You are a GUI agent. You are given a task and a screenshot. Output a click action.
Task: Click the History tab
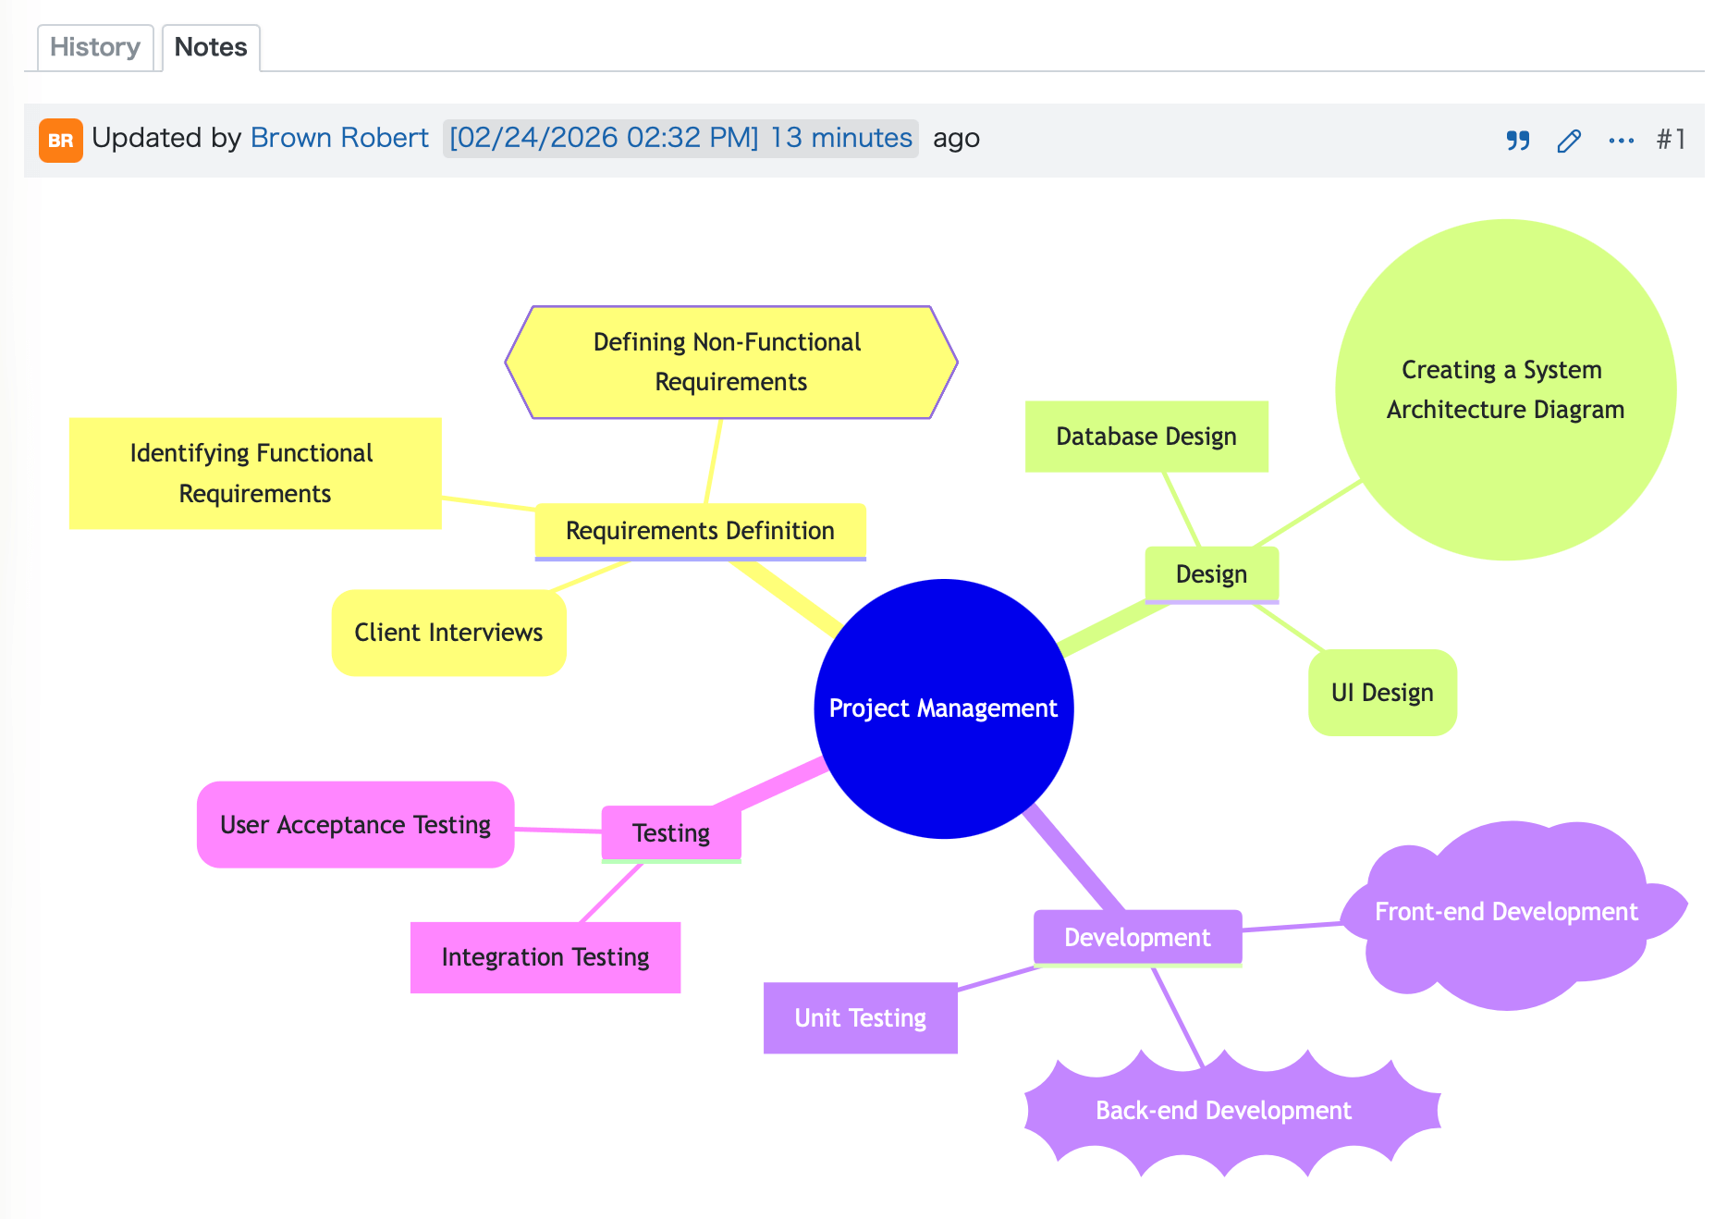pos(95,47)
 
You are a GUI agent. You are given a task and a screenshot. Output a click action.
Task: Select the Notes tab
pos(211,47)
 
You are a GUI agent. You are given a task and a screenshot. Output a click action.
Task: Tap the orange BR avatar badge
pos(61,141)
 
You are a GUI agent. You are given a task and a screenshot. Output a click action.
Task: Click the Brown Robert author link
pos(339,138)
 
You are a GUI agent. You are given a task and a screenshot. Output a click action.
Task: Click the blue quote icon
pos(1518,141)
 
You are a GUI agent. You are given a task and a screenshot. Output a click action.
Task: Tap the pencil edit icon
pos(1569,141)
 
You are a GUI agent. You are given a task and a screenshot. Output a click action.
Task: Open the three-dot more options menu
pos(1622,141)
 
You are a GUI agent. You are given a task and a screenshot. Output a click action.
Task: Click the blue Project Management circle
pos(944,708)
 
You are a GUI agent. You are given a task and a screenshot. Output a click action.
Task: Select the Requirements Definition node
pos(701,532)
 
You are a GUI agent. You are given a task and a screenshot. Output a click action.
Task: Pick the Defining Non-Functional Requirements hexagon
pos(731,363)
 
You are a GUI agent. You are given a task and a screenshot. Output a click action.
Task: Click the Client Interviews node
pos(449,633)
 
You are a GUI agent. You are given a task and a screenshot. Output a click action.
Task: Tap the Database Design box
pos(1146,437)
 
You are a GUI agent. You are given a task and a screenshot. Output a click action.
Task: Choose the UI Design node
pos(1383,693)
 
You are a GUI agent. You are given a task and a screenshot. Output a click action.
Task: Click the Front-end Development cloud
pos(1508,913)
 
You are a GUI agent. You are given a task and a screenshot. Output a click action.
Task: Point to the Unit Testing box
pos(861,1018)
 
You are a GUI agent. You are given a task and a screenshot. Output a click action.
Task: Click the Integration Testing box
pos(545,957)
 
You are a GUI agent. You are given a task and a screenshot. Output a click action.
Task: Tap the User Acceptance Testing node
pos(356,825)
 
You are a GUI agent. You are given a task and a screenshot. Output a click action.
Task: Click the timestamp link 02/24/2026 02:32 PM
pos(604,138)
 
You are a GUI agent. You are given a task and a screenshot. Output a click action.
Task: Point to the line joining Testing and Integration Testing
pos(611,893)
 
